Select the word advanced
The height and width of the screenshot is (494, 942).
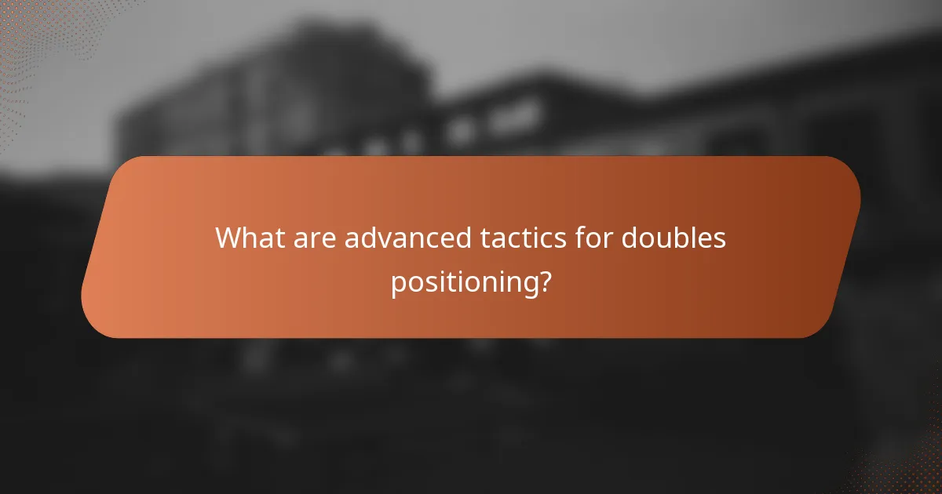click(407, 238)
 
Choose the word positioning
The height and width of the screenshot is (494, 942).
click(463, 282)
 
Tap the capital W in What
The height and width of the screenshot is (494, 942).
click(230, 238)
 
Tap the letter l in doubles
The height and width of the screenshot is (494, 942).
click(694, 238)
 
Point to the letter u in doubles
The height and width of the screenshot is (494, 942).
click(662, 239)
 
